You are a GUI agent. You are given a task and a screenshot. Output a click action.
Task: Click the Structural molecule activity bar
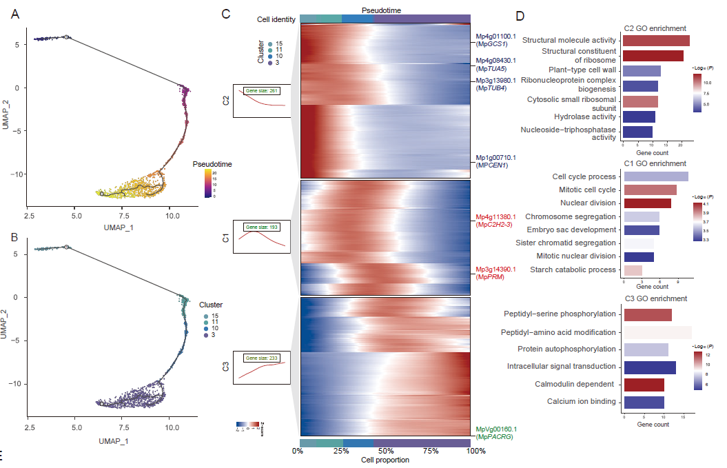[655, 41]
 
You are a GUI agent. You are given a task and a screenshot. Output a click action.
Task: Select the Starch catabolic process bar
[632, 269]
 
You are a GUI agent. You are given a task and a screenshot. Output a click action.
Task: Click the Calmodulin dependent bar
[643, 384]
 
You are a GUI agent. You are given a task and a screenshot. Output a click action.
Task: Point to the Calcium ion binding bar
[643, 401]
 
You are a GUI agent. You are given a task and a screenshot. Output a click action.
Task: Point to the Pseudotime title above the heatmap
[381, 10]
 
